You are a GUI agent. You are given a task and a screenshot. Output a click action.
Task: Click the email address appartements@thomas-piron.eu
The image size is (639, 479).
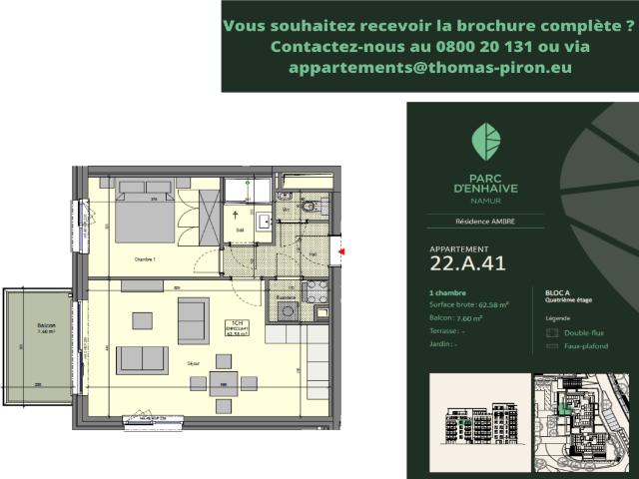[429, 68]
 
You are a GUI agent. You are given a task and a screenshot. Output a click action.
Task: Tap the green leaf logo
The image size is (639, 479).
[485, 140]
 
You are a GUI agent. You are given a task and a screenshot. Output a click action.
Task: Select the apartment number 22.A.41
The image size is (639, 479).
[467, 263]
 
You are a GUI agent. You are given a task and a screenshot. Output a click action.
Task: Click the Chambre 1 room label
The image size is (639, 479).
[147, 258]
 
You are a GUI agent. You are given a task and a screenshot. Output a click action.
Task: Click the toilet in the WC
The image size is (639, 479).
[309, 208]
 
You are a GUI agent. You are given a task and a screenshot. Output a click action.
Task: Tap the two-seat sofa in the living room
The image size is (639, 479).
[142, 359]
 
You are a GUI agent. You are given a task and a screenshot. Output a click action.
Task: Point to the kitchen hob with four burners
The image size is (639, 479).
[318, 291]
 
